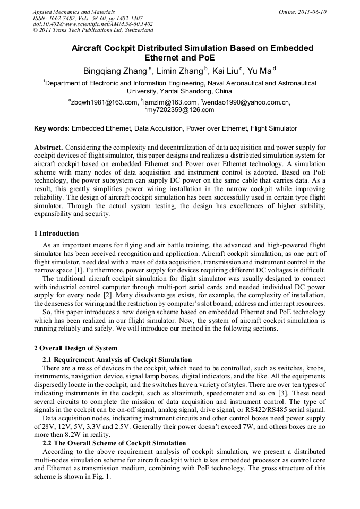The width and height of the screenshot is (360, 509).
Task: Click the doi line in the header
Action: tap(92, 24)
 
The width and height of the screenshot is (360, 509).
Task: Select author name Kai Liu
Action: tap(226, 71)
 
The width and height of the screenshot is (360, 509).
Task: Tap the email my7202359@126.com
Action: tap(181, 110)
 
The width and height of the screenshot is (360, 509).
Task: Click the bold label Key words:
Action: tap(52, 128)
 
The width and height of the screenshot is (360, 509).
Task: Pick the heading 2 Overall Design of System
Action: tap(75, 348)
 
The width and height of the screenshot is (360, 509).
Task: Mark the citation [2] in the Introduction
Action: tap(107, 294)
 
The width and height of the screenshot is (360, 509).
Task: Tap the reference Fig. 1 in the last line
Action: tap(99, 476)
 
